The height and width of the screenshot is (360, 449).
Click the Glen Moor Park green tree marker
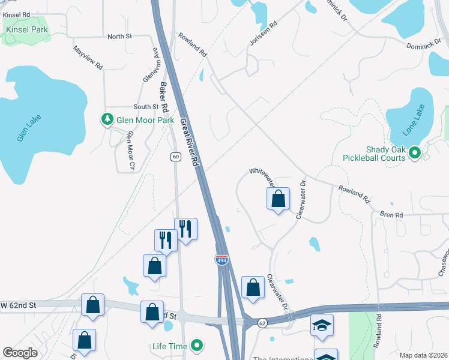[107, 120]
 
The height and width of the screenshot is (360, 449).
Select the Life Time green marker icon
[196, 346]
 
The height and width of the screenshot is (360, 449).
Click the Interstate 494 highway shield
[221, 259]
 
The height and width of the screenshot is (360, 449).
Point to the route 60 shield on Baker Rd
[175, 157]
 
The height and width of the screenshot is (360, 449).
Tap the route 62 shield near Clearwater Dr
[262, 323]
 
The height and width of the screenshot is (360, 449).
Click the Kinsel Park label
[26, 29]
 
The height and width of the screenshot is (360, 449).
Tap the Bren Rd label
[390, 214]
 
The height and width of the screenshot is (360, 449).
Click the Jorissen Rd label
[264, 34]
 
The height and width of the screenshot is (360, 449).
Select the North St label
[119, 37]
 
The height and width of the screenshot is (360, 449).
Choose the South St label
[146, 107]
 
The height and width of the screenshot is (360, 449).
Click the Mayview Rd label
[89, 58]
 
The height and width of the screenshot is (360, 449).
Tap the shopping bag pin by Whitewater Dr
[278, 199]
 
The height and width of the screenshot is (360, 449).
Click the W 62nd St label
[19, 305]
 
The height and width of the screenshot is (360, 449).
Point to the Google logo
[20, 353]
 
